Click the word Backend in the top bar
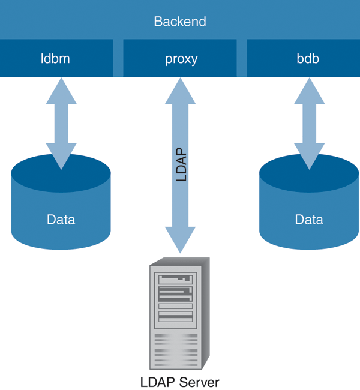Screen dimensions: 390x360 tap(180, 22)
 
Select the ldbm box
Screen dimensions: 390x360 tap(56, 59)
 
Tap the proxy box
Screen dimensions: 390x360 tap(181, 59)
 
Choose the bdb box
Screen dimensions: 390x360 tap(302, 59)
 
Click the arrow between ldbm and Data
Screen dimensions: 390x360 tap(61, 123)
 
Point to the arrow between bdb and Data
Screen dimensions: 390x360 tap(309, 123)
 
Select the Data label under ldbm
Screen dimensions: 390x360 tap(61, 220)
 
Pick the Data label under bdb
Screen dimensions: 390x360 tap(309, 220)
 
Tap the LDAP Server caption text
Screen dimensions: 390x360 tap(179, 382)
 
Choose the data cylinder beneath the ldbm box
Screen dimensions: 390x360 tap(61, 204)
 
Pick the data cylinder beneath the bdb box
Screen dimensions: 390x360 tap(309, 204)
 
